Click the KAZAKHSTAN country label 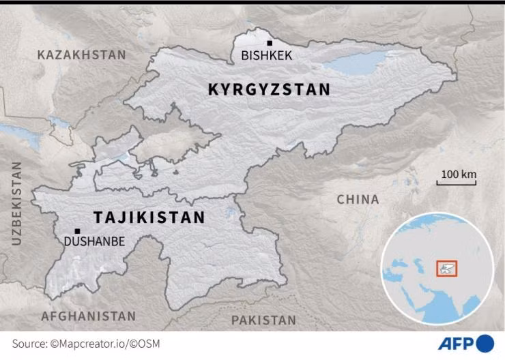(82, 55)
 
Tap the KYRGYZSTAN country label (269, 89)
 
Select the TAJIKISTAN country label (149, 217)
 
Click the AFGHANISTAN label (89, 316)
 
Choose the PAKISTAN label (263, 320)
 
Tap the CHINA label (358, 200)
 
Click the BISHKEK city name (267, 56)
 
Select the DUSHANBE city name (94, 241)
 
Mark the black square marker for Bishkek (270, 43)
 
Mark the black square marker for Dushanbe (77, 231)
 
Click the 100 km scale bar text (458, 174)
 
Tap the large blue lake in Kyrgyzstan (355, 65)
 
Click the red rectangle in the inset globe (446, 268)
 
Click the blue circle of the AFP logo (485, 342)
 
